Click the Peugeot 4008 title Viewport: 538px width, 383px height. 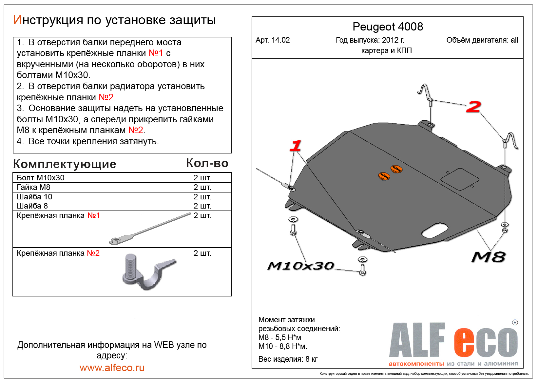point(388,27)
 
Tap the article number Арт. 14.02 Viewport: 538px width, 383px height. point(273,40)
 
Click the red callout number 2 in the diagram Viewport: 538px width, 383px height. point(473,107)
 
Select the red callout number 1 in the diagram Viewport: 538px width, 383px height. point(296,146)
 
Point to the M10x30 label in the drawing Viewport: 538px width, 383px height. point(300,266)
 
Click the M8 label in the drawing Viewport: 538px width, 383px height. point(488,257)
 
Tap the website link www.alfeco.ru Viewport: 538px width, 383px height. point(112,368)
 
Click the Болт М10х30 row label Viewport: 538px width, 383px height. point(41,178)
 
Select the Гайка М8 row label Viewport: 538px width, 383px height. point(33,187)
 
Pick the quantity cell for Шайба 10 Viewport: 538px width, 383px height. point(202,197)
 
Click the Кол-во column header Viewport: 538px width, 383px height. point(207,163)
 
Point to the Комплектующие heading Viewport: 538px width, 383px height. point(65,164)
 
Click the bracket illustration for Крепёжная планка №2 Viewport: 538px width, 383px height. point(147,271)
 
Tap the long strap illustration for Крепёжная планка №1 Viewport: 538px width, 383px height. point(149,229)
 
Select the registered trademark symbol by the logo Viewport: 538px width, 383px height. point(515,322)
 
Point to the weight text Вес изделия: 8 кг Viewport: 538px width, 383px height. point(288,359)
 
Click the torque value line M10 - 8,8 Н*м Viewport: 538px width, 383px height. point(283,346)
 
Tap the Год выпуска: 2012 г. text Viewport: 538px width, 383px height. point(370,40)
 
